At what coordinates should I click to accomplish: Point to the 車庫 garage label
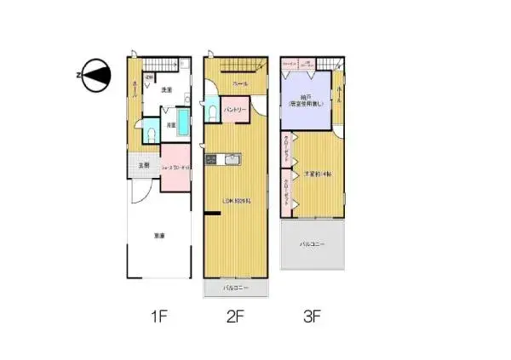click(x=158, y=236)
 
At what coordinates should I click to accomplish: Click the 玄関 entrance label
click(x=144, y=165)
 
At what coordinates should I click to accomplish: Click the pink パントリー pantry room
click(x=235, y=110)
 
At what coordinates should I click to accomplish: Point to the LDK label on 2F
click(x=234, y=201)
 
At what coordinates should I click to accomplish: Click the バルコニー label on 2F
click(x=235, y=289)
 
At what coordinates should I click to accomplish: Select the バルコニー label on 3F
click(x=313, y=244)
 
